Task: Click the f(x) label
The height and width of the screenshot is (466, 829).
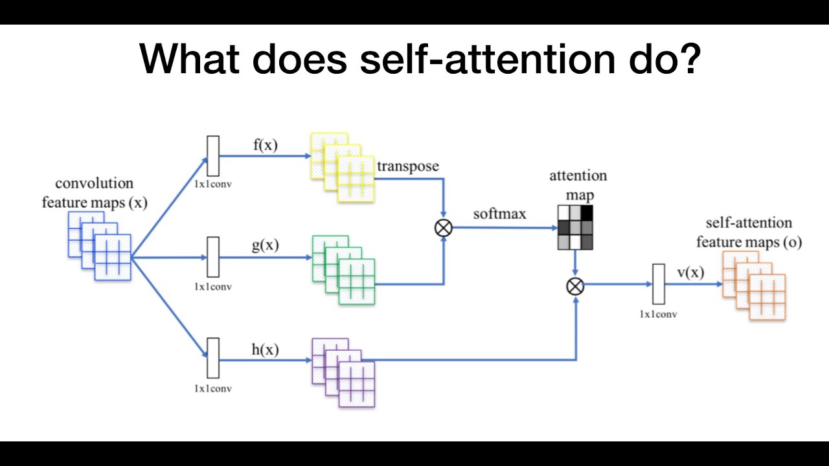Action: tap(265, 145)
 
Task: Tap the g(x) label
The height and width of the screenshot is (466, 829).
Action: tap(265, 245)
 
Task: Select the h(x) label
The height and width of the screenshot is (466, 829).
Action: tap(265, 349)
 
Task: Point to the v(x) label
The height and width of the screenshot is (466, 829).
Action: tap(690, 272)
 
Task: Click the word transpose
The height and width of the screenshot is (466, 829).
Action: tap(408, 166)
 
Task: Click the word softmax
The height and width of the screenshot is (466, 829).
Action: tap(499, 213)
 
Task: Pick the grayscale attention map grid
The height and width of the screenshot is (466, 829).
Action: tap(575, 228)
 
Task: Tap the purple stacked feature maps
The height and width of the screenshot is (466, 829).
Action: tap(343, 372)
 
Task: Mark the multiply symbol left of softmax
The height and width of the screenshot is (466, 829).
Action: tap(444, 227)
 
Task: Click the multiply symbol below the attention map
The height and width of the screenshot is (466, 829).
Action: tap(575, 285)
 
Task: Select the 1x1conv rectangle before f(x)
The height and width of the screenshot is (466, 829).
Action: tap(213, 156)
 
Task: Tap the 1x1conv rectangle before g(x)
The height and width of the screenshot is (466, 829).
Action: tap(213, 257)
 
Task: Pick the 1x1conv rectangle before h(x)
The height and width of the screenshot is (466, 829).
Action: tap(213, 358)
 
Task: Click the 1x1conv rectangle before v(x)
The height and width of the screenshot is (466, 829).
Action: tap(659, 284)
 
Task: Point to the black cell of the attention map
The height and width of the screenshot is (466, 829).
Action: tap(587, 213)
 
